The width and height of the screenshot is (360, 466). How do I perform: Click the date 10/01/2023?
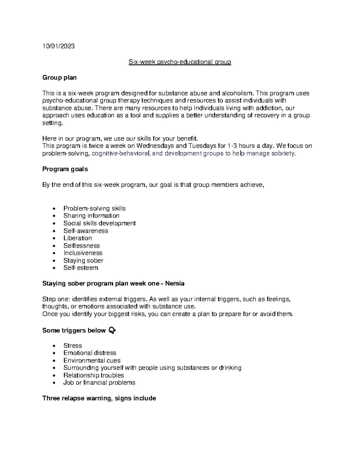(x=58, y=46)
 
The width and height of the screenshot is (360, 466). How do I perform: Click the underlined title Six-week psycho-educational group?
(x=180, y=62)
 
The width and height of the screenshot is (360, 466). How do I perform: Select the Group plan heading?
(x=59, y=78)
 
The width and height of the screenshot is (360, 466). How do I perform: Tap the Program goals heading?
(x=65, y=169)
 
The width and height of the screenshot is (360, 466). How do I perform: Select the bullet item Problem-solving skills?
(x=94, y=209)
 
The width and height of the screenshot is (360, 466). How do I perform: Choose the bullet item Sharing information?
(x=91, y=216)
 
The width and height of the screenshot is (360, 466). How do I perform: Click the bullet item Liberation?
(x=78, y=238)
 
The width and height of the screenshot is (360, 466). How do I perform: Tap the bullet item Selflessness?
(x=82, y=246)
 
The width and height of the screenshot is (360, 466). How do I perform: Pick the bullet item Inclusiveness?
(x=83, y=253)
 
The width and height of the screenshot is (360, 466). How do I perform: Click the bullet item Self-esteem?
(x=81, y=268)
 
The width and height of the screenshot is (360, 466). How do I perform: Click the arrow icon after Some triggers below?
(x=112, y=330)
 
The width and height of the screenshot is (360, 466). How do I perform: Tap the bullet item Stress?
(x=73, y=346)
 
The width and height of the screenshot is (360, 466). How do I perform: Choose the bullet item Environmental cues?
(x=92, y=361)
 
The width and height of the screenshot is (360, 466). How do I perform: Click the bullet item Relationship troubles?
(x=94, y=375)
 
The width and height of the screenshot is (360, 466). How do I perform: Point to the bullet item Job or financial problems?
(x=99, y=383)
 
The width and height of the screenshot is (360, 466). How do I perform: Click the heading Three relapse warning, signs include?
(x=99, y=398)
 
